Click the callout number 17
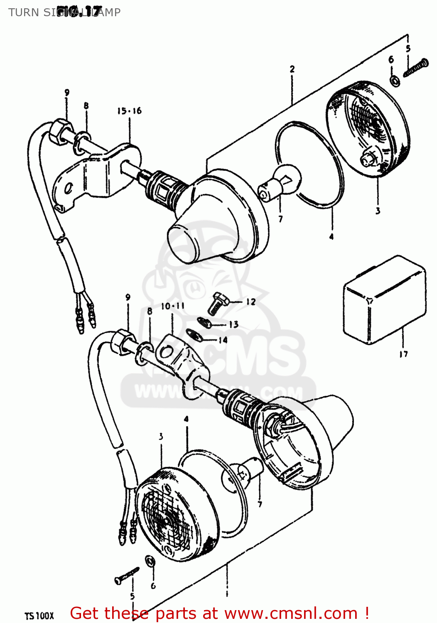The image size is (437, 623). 403,354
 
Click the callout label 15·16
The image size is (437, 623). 129,111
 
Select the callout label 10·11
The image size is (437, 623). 172,307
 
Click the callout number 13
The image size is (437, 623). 234,324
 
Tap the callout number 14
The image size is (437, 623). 223,340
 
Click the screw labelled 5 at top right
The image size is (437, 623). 416,68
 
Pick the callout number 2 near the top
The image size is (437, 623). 292,69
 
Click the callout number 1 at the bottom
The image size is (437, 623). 227,594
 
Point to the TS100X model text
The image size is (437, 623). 39,615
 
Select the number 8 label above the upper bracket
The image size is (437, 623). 86,105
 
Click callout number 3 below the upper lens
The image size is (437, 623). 378,211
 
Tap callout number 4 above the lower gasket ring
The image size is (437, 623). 186,419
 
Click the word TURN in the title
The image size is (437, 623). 23,12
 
